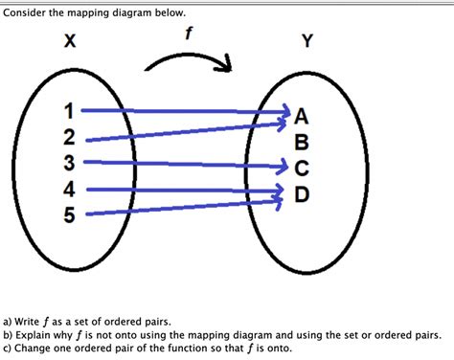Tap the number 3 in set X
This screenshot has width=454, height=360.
tap(69, 164)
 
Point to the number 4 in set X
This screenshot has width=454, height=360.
tap(69, 190)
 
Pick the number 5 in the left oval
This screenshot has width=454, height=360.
tap(69, 214)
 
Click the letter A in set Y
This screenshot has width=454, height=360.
tap(302, 117)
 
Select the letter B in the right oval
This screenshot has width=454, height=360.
tap(302, 144)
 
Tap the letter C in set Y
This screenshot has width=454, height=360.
tap(302, 169)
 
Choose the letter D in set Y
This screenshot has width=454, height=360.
tap(302, 195)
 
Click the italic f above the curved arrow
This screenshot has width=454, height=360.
tap(189, 34)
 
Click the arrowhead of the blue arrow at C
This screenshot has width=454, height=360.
tap(282, 166)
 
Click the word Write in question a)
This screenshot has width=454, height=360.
tap(33, 324)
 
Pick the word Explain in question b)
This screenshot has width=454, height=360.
tap(37, 336)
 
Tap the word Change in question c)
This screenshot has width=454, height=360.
tap(35, 349)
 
